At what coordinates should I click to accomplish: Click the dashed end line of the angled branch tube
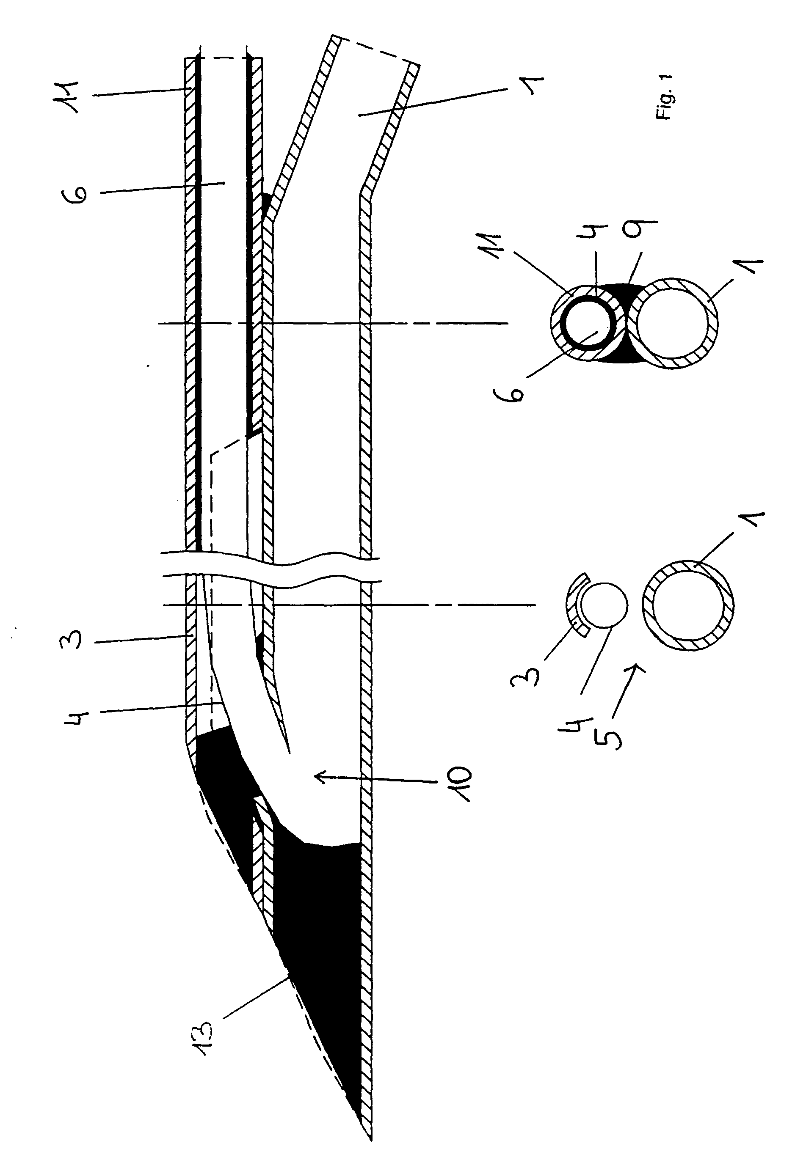(375, 50)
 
